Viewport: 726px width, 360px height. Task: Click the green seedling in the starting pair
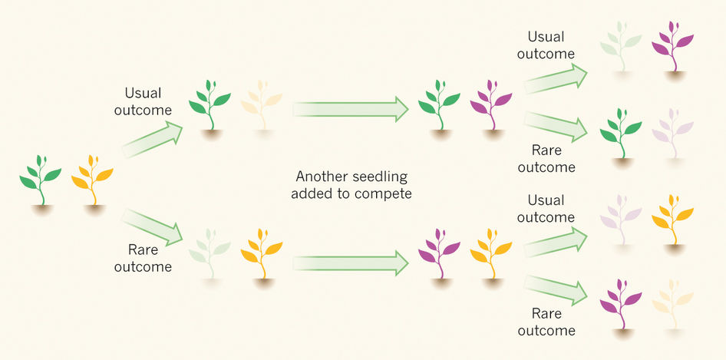pos(40,180)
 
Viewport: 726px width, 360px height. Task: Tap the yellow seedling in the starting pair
pos(92,180)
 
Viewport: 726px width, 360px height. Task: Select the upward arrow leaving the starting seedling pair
pos(152,139)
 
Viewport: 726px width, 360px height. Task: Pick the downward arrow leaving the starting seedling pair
pos(152,226)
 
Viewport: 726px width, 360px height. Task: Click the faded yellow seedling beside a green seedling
pos(262,105)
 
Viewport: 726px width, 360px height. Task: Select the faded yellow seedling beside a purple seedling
pos(673,304)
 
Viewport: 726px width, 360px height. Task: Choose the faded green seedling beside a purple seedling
pos(621,46)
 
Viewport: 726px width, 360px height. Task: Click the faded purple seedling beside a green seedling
pos(673,134)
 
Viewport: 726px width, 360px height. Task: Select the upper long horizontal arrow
pos(351,109)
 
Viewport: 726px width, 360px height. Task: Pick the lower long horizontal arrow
pos(351,263)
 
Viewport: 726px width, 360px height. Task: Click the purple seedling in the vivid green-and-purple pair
pos(491,105)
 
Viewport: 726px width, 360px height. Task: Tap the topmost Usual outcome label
pos(546,45)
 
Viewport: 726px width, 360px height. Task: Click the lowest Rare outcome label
pos(546,322)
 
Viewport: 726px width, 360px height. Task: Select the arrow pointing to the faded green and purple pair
pos(555,78)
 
